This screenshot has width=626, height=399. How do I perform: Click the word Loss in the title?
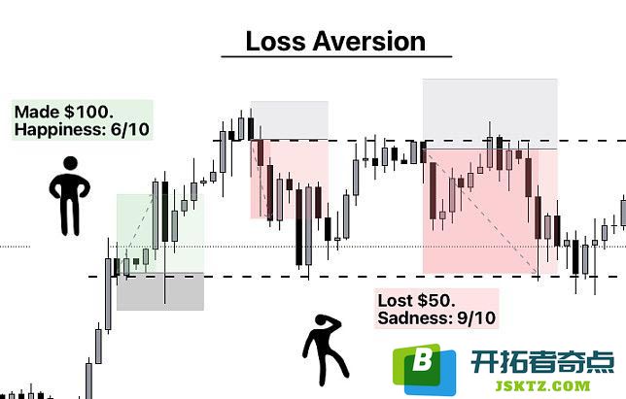275,42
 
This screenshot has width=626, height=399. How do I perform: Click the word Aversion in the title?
369,42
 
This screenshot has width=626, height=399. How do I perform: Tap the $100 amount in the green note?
88,112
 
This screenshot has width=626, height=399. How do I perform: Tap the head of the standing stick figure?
70,163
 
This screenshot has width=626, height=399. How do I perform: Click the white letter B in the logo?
422,359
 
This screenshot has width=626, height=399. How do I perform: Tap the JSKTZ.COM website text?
542,385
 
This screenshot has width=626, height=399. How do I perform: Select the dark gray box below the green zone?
160,291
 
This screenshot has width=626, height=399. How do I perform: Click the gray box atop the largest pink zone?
490,114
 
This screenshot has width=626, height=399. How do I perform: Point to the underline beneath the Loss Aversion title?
336,56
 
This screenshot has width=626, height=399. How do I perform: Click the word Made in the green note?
38,112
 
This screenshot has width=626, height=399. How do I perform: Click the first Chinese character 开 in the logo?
484,361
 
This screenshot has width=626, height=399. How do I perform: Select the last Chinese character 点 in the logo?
601,361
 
